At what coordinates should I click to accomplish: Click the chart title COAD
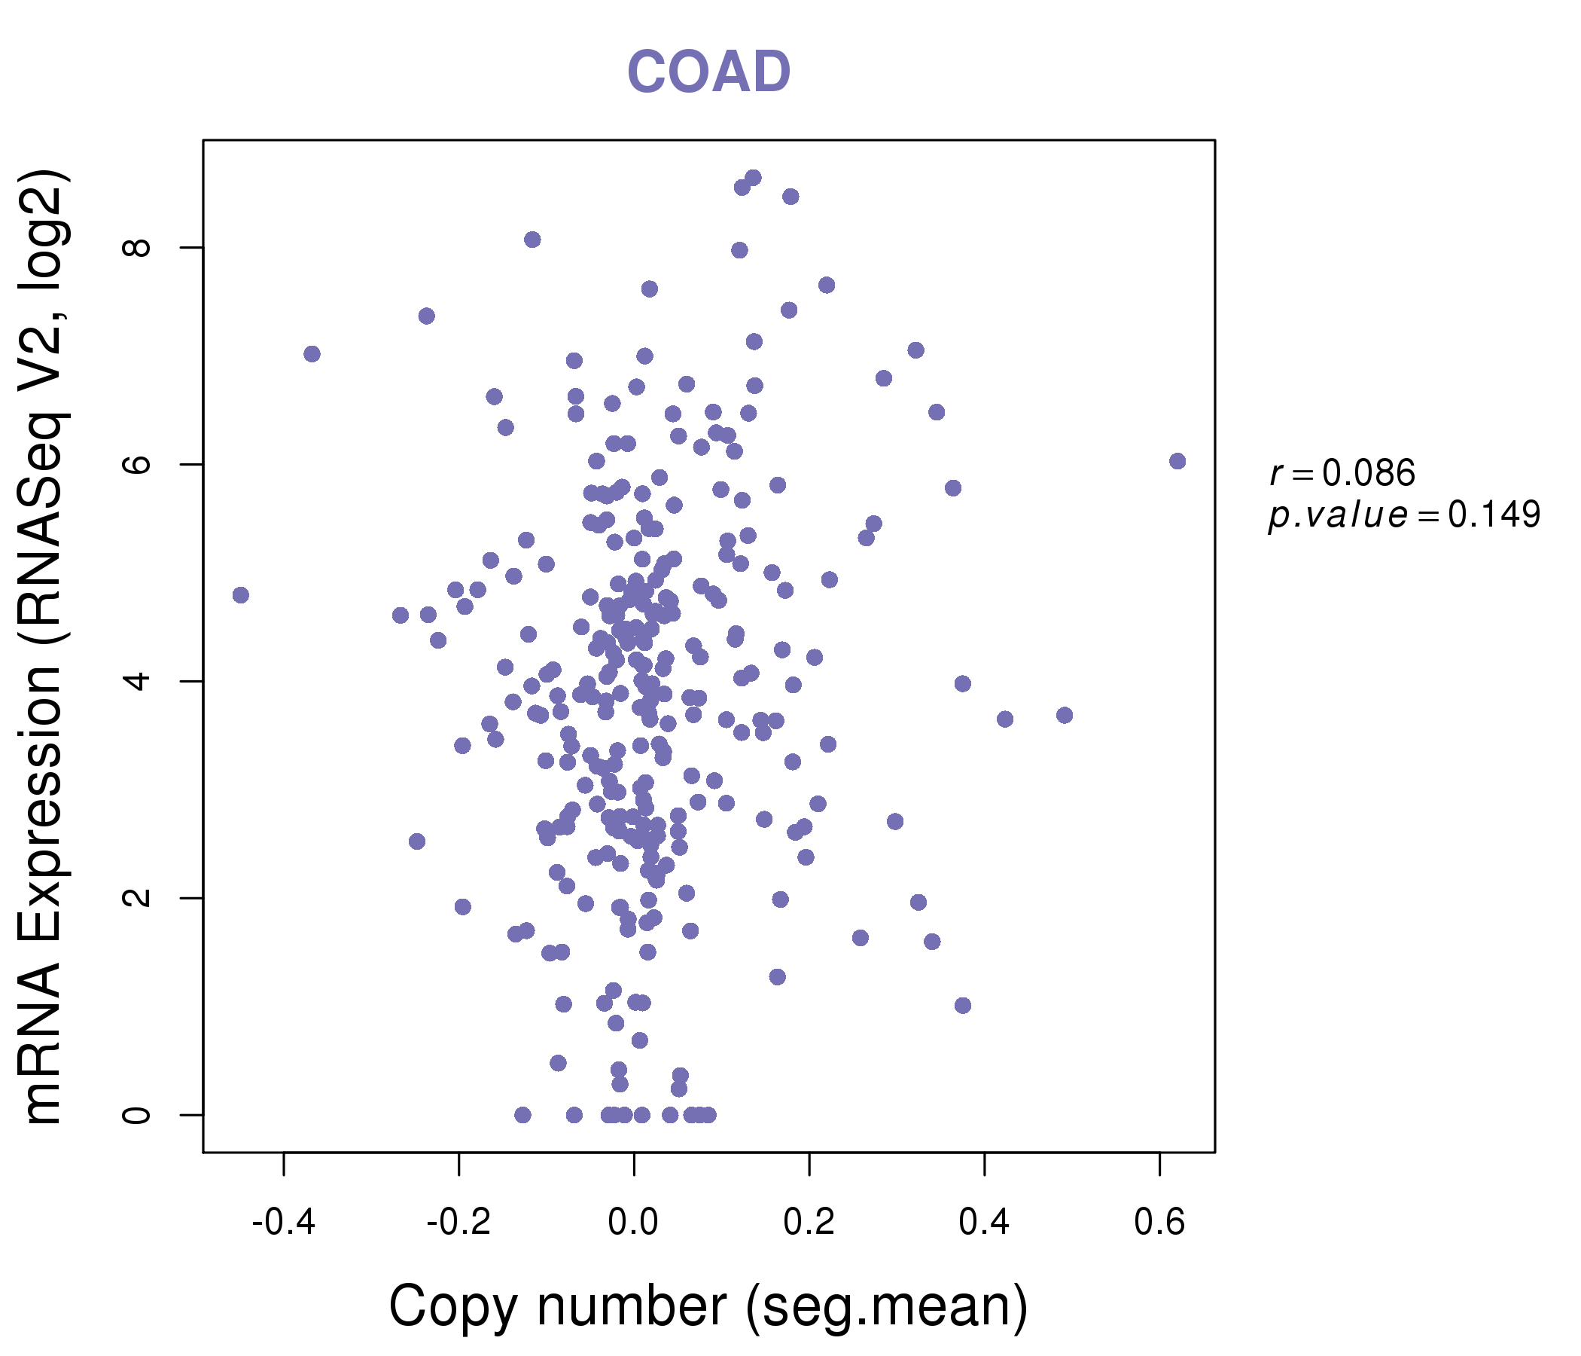point(708,72)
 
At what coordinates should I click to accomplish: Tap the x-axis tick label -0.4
point(283,1223)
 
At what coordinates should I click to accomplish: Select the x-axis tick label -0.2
point(458,1223)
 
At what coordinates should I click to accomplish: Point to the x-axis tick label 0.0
point(633,1223)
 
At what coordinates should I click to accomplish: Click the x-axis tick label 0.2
point(809,1223)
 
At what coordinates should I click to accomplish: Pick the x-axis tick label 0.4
point(984,1223)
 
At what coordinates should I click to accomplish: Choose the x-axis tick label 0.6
point(1159,1223)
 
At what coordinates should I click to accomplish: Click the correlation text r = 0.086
point(1342,473)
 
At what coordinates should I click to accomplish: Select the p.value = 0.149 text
point(1404,515)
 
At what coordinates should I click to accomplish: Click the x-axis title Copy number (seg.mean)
point(708,1306)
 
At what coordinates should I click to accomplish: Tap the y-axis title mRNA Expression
point(44,647)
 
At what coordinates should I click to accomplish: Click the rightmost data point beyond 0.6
point(1177,461)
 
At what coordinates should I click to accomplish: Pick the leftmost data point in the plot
point(241,596)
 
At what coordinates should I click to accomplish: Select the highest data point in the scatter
point(753,178)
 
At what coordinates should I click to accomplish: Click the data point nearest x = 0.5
point(1065,716)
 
